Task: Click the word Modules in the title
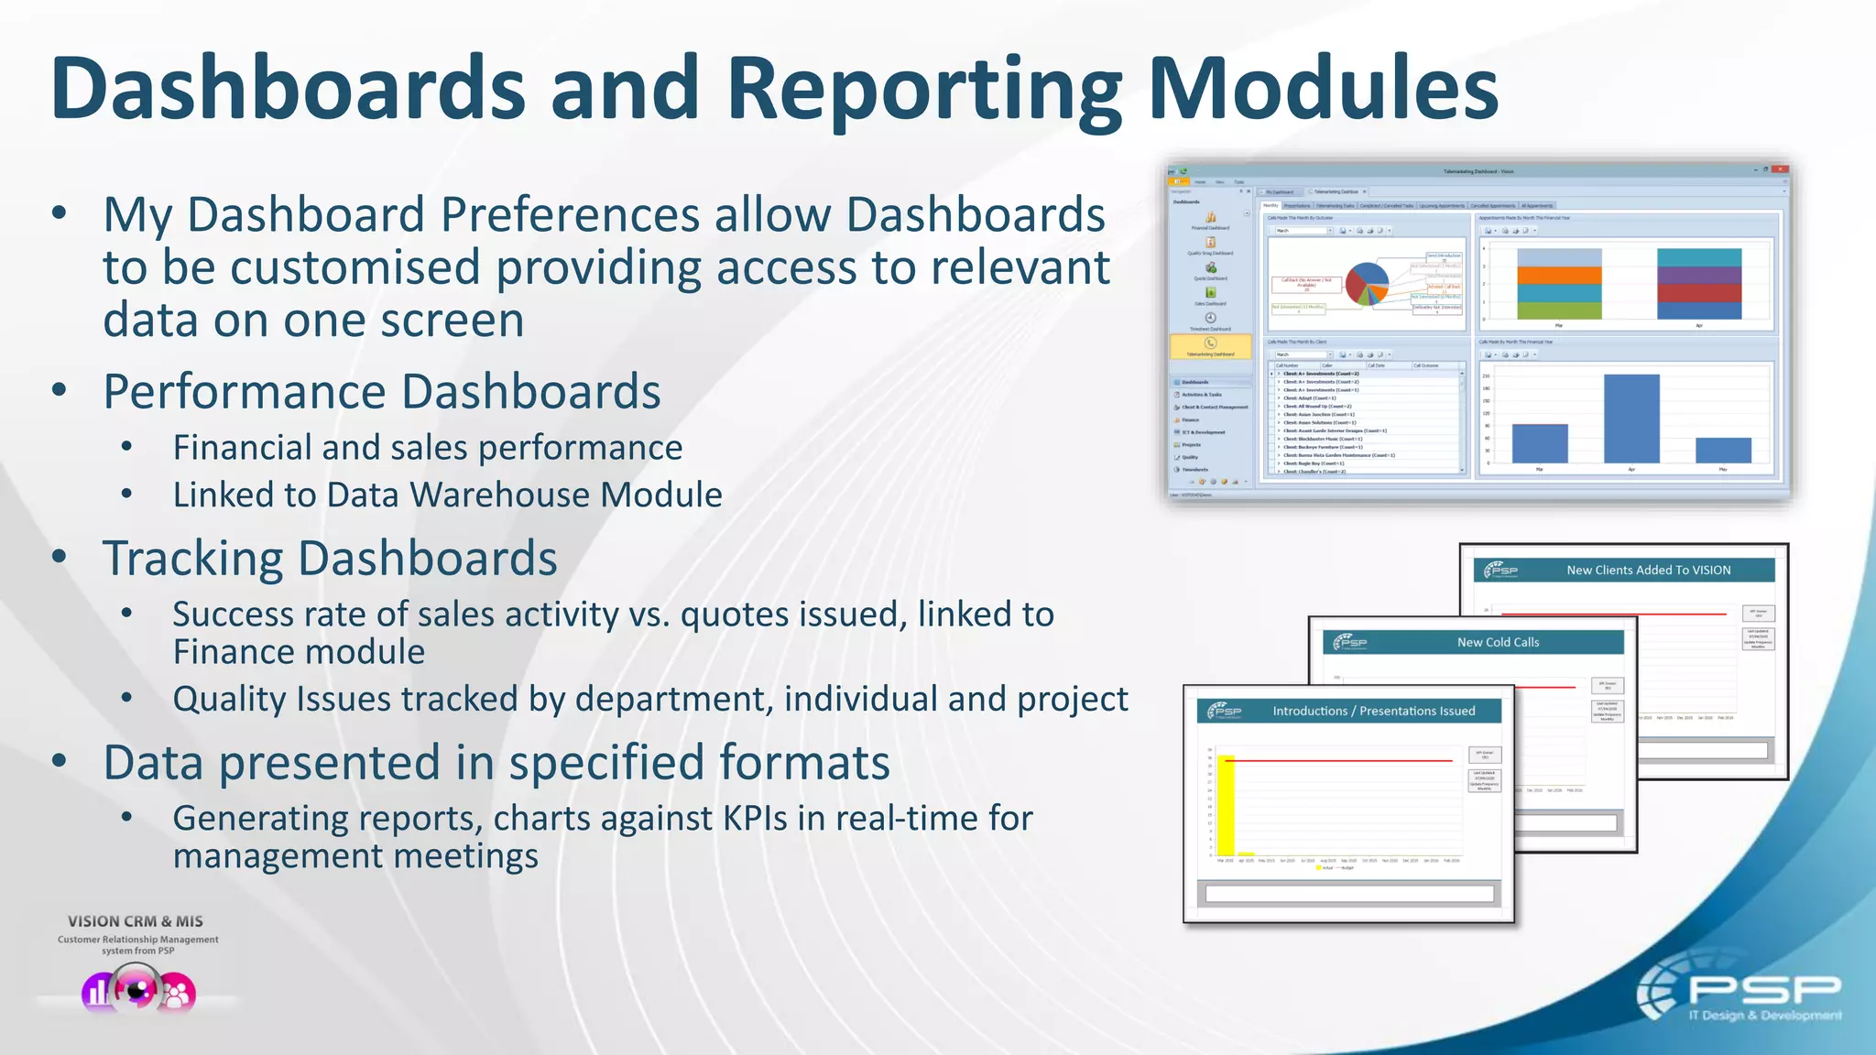point(1323,90)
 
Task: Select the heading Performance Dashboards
point(381,392)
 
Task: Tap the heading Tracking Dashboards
point(330,559)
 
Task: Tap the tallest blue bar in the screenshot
point(1631,418)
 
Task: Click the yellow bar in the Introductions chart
point(1226,806)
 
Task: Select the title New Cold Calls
point(1498,642)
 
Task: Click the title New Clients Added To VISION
point(1648,570)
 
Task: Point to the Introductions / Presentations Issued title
point(1373,711)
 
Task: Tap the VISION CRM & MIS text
point(136,921)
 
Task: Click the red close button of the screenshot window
point(1779,169)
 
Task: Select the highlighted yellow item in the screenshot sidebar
point(1210,346)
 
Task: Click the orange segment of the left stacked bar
point(1559,275)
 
